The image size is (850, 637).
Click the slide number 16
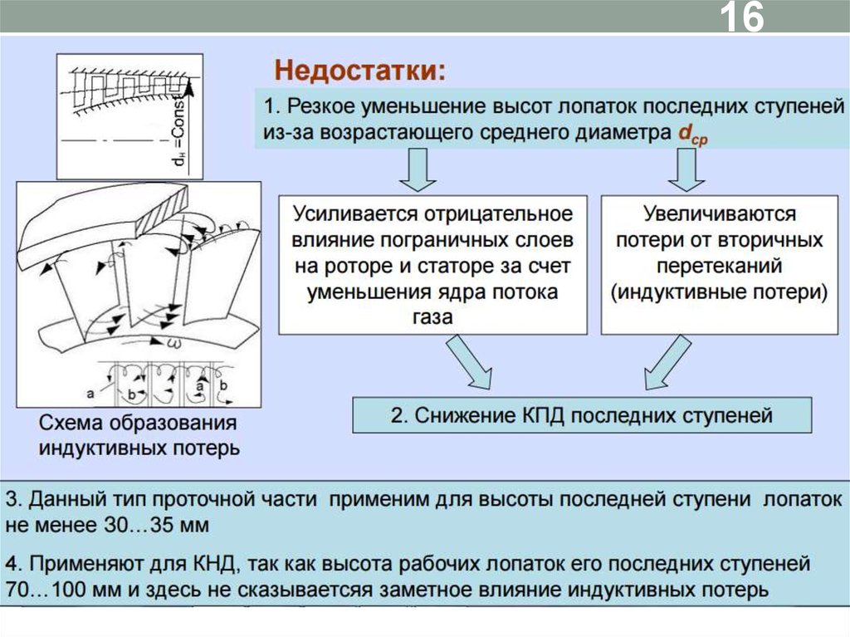741,18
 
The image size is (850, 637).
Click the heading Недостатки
360,70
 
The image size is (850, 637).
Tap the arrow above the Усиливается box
418,171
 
